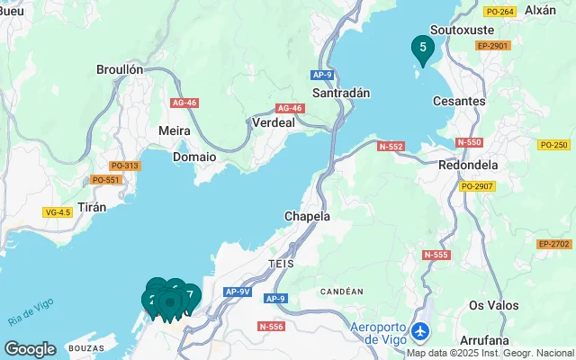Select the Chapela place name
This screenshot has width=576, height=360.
tap(307, 217)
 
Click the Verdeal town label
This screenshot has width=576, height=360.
tap(274, 122)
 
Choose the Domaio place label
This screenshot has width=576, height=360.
tap(193, 156)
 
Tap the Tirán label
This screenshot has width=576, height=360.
tap(93, 207)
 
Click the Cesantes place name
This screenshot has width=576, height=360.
tap(459, 102)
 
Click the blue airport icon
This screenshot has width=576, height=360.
tap(418, 332)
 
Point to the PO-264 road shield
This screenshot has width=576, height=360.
tap(499, 12)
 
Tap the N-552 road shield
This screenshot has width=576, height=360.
tap(391, 146)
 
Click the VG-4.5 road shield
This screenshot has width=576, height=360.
tap(58, 212)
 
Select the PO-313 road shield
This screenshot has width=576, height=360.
tap(124, 166)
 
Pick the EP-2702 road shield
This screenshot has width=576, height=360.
tap(553, 244)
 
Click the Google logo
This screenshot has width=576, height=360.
tap(31, 348)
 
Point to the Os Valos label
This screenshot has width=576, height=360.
tap(494, 305)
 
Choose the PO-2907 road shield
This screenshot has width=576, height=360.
tap(477, 186)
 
